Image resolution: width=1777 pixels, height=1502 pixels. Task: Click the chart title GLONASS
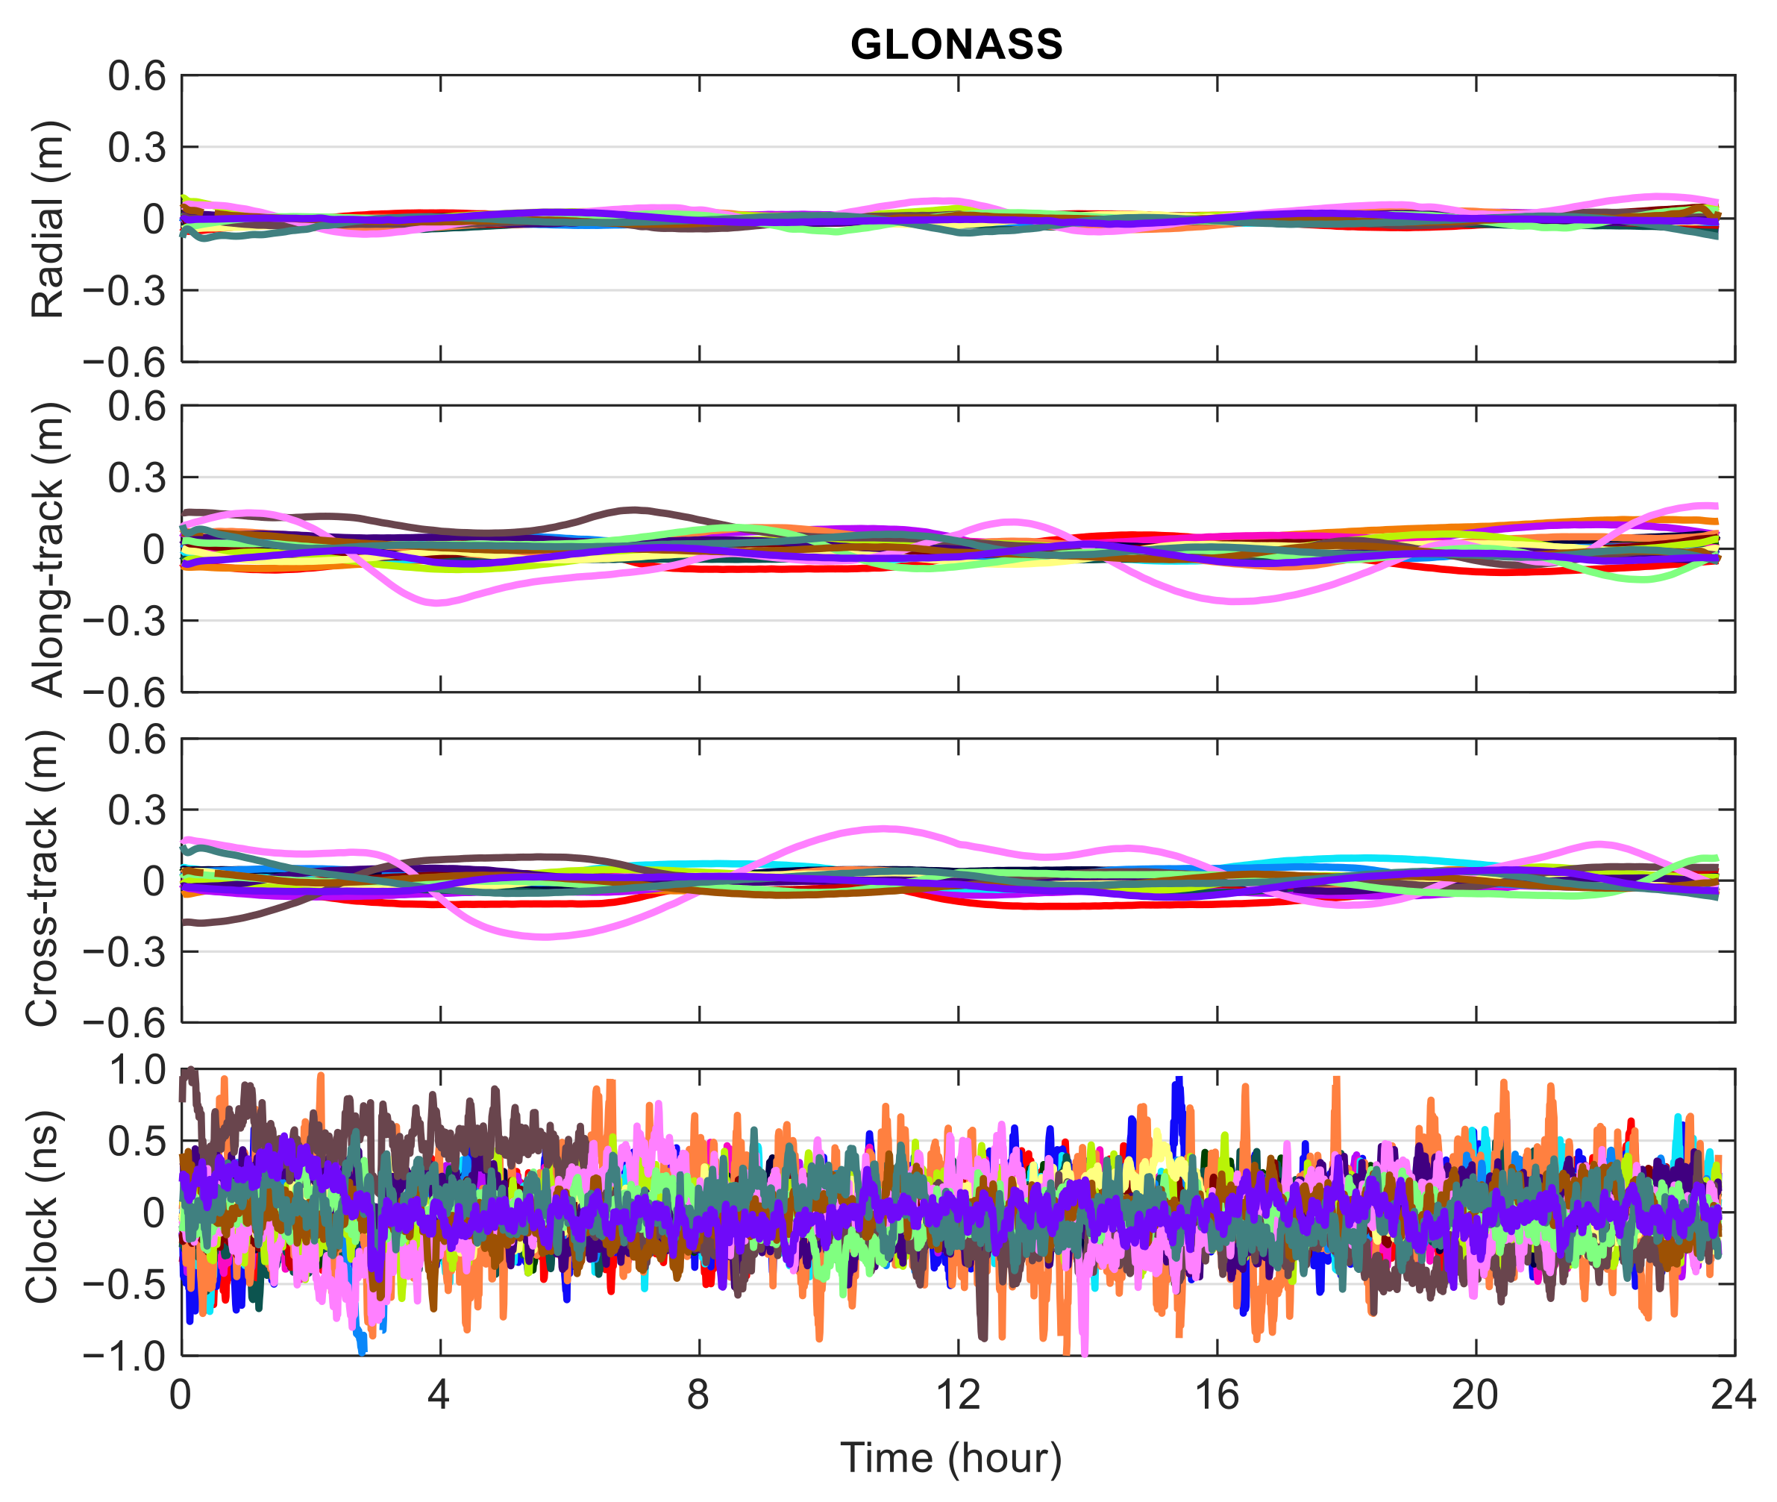click(956, 44)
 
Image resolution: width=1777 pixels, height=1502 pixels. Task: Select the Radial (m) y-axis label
click(48, 219)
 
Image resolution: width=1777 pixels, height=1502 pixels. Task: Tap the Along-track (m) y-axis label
click(48, 549)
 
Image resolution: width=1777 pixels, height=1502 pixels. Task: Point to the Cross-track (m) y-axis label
click(43, 879)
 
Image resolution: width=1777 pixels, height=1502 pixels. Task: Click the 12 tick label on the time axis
click(958, 1395)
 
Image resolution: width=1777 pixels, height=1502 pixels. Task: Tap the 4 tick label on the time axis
click(439, 1395)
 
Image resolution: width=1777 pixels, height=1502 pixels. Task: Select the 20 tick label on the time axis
click(1475, 1395)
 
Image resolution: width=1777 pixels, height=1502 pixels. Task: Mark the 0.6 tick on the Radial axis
click(137, 77)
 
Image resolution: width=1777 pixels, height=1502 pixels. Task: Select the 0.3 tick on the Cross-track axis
click(137, 810)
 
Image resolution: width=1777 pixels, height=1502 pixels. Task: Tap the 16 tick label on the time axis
click(1216, 1395)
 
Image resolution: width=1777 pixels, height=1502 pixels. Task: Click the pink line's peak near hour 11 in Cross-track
click(886, 827)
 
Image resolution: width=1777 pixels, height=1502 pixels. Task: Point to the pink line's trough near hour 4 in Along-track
click(438, 602)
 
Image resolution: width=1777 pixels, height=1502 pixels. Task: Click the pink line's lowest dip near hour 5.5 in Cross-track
click(545, 936)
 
